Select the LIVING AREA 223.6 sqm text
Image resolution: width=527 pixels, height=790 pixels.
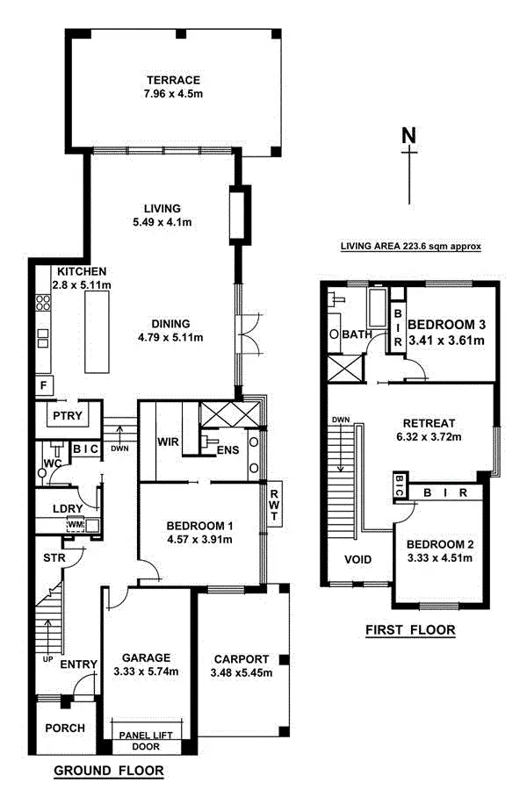411,248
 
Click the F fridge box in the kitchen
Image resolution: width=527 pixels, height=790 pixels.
41,385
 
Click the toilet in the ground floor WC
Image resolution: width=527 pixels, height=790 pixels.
42,474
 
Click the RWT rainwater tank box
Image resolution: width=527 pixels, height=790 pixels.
274,506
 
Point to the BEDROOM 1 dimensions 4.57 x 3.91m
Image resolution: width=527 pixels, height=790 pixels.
200,540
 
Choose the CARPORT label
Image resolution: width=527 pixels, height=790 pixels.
242,657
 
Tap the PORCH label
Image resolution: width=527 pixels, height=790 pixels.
64,728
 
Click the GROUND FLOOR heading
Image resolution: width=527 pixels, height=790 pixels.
109,772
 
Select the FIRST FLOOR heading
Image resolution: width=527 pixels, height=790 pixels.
409,630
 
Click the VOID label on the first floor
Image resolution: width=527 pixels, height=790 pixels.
357,559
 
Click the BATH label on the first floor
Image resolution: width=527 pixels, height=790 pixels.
357,334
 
